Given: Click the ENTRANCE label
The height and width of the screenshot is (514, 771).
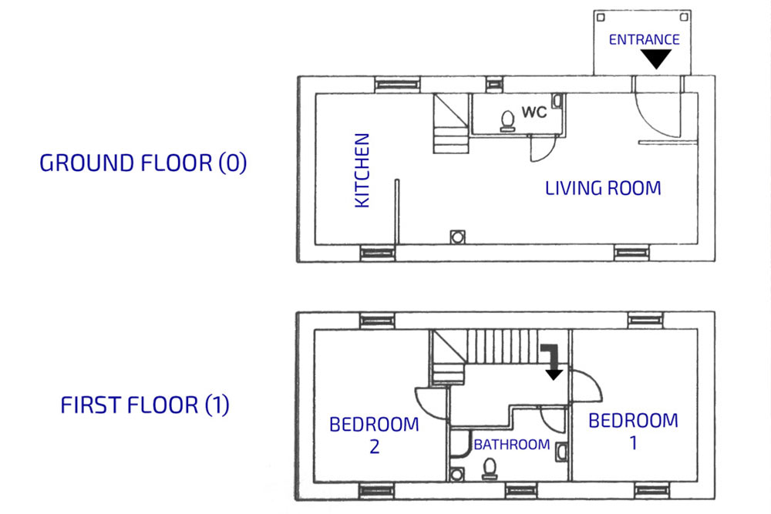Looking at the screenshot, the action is tap(644, 39).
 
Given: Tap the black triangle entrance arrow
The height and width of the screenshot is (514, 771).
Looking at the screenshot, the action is tap(656, 59).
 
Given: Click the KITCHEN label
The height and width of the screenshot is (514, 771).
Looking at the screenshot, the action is tap(362, 170).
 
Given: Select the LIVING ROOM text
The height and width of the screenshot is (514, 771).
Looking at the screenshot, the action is tap(603, 188).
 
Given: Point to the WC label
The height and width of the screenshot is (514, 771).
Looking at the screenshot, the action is tap(534, 112).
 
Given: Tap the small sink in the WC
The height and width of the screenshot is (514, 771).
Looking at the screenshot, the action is tap(557, 101).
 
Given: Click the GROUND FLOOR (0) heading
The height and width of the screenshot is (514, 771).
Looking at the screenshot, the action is tap(143, 163).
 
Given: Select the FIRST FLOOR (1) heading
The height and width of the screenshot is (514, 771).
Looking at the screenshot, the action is tap(145, 405).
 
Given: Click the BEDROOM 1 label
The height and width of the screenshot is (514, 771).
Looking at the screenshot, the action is tap(633, 432).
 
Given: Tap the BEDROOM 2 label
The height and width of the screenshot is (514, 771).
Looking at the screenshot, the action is tap(374, 435).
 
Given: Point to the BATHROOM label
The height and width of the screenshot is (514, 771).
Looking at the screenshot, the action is tap(512, 445).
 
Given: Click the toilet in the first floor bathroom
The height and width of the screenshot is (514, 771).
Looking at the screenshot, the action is tap(490, 469).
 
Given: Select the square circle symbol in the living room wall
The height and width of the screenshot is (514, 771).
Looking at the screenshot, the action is tap(457, 237).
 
